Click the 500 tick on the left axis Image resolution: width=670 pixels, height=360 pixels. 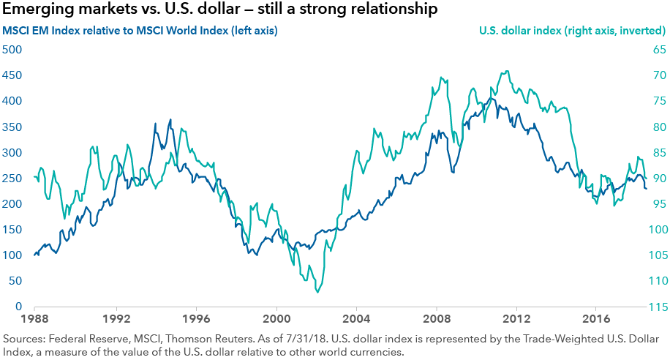tap(12, 50)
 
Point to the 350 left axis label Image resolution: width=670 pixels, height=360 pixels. tap(12, 127)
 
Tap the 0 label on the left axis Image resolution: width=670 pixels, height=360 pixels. tap(19, 307)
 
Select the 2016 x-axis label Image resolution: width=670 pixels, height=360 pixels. tap(597, 319)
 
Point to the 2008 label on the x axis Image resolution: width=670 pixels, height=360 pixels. tap(437, 319)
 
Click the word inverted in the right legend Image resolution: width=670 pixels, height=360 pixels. tap(639, 31)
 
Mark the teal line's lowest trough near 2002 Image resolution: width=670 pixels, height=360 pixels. tap(317, 292)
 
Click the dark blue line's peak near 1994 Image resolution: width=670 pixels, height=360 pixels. tap(170, 120)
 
